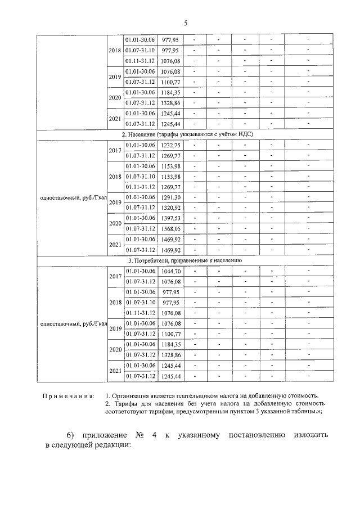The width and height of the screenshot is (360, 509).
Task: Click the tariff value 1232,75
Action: coord(170,145)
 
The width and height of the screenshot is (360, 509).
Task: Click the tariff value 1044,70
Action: coord(170,271)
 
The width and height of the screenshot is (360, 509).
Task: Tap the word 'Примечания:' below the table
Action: coord(69,396)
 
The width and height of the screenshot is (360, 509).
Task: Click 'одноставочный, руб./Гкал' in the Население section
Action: coord(71,197)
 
